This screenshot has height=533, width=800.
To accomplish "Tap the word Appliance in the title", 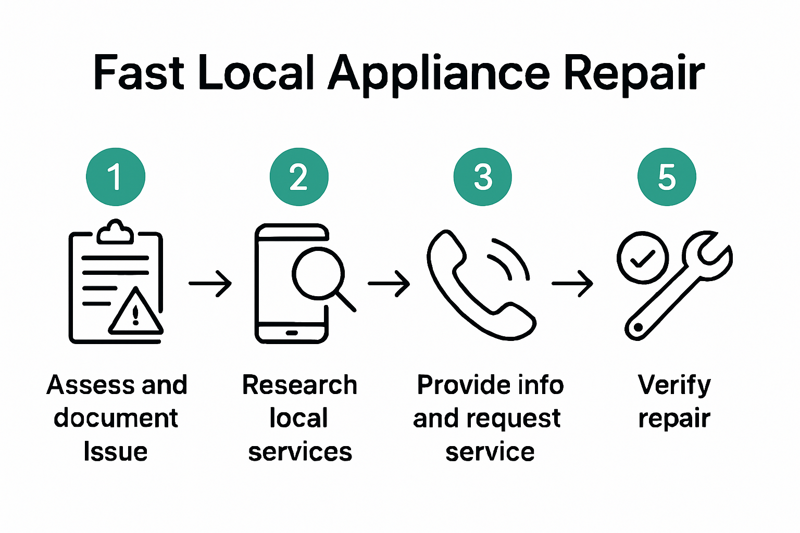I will click(x=439, y=73).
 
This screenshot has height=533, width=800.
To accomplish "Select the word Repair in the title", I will click(x=634, y=73).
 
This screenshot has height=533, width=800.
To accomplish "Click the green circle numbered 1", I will click(x=115, y=176).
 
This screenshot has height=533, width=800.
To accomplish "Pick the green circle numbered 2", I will click(x=299, y=176).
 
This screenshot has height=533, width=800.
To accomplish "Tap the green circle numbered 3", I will click(x=483, y=176).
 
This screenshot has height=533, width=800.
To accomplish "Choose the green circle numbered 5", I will click(x=667, y=176).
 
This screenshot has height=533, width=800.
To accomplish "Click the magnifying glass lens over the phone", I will click(x=318, y=274).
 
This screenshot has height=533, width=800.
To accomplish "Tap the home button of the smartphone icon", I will click(x=292, y=333).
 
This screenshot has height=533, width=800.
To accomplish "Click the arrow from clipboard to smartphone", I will click(x=210, y=283).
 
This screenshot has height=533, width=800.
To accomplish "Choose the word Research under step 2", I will click(x=299, y=385).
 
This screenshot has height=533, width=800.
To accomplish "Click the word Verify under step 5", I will click(x=674, y=385).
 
